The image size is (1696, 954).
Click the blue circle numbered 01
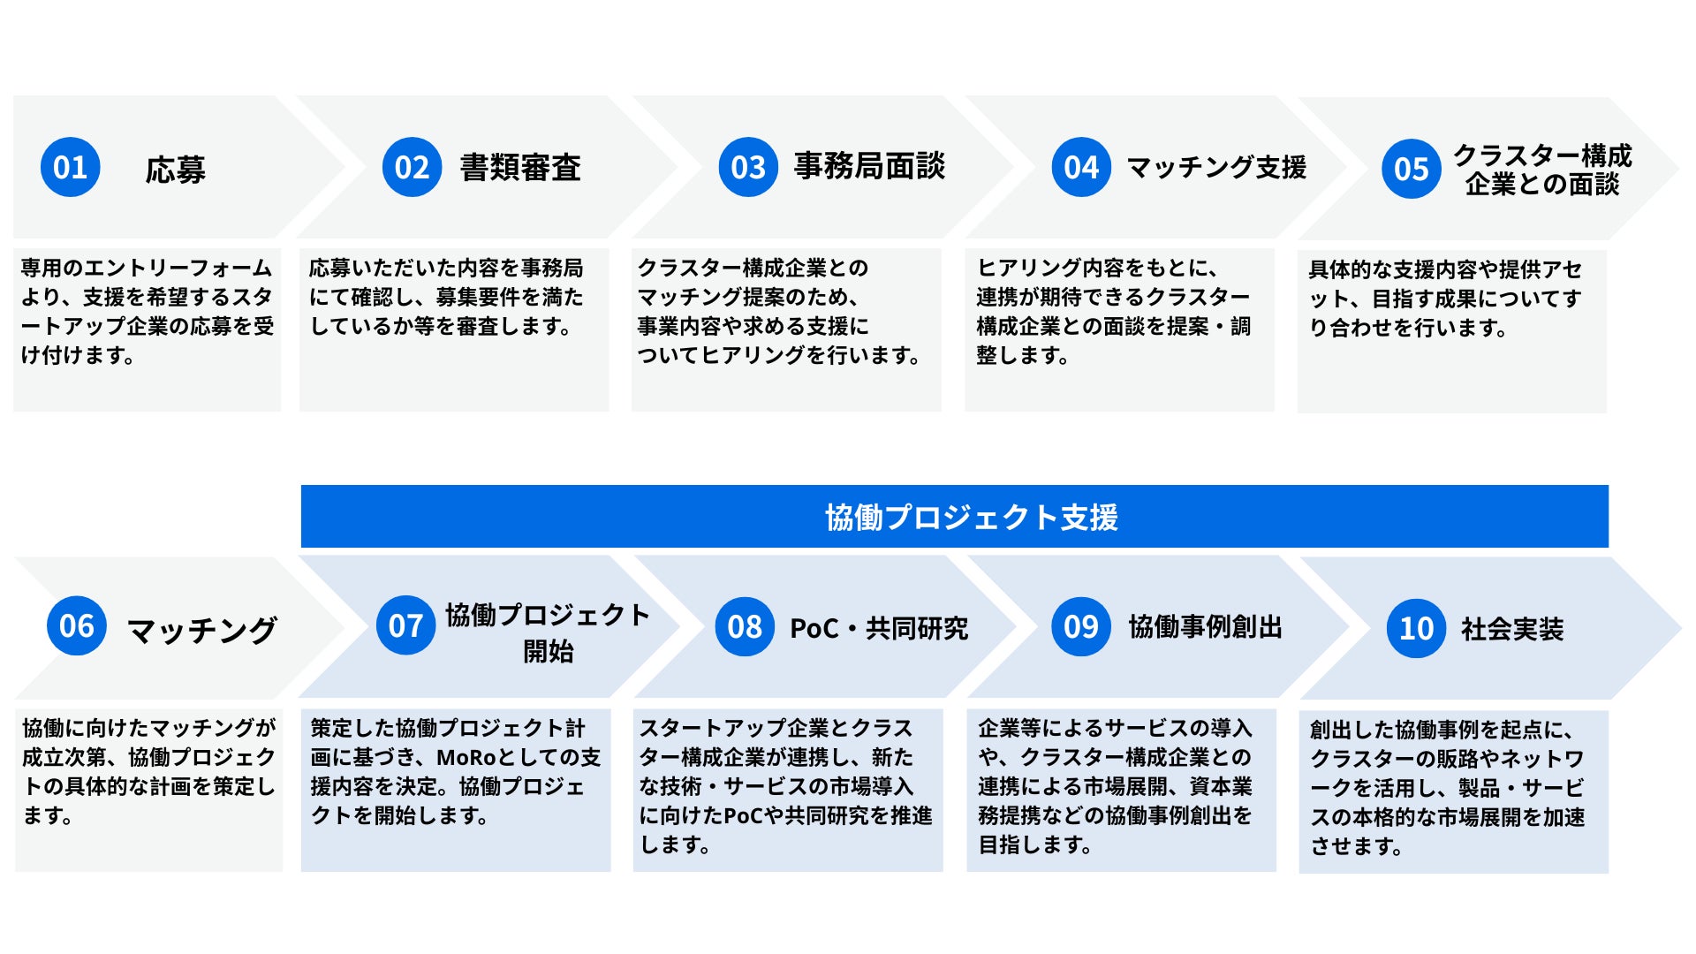[71, 167]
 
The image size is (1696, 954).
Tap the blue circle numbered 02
[412, 167]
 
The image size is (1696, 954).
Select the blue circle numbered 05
[1411, 169]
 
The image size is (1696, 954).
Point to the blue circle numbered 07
[405, 625]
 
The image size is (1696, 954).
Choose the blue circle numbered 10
[1416, 628]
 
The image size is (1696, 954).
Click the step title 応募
[175, 169]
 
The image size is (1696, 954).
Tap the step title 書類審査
[520, 167]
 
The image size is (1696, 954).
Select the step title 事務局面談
[869, 166]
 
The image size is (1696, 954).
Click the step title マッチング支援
[1215, 167]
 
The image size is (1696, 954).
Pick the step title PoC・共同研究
[878, 628]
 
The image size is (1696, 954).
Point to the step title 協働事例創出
[1205, 626]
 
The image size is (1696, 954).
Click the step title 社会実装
[1511, 629]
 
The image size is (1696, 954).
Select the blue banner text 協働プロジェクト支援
[971, 517]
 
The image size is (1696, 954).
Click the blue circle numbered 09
[1080, 626]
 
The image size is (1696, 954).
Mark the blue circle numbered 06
[77, 625]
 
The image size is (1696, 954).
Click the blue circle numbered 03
[748, 167]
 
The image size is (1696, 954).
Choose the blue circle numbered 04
[1081, 167]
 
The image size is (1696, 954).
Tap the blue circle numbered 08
[745, 626]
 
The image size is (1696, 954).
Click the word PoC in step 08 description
[743, 815]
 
